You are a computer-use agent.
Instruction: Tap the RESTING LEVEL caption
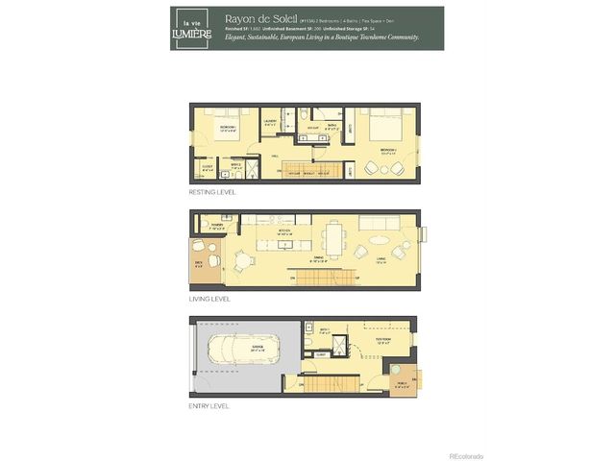[213, 193]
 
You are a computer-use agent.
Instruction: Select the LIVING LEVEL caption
[210, 299]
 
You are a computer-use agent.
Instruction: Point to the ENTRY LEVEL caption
[209, 405]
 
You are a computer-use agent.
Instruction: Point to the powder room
[211, 227]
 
